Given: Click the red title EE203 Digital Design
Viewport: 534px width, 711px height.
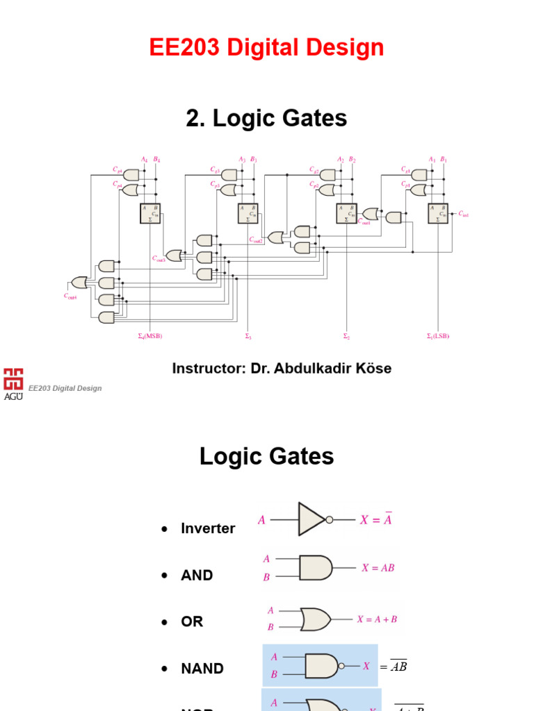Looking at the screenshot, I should pos(266,48).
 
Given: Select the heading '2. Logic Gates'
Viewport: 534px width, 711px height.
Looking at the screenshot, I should pos(266,119).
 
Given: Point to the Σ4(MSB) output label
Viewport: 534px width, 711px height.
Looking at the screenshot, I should pos(149,336).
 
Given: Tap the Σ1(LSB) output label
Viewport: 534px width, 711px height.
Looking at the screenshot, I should pos(437,336).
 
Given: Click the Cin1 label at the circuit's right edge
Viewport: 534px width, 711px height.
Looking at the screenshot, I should pos(464,215).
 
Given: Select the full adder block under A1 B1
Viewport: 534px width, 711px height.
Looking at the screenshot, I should pos(439,213).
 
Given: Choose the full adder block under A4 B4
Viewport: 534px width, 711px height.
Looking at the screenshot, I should pos(150,213).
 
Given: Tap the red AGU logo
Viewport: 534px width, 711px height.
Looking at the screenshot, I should pos(13,383).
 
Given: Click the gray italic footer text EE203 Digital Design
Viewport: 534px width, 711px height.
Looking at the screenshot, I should pos(65,388).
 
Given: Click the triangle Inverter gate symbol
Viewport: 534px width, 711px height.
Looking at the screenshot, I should pos(311,519).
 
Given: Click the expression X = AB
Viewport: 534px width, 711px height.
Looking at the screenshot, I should pos(378,567).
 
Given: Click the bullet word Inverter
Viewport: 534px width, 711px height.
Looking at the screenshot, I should pos(208,528).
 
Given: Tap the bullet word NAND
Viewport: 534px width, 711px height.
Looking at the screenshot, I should pos(202,669).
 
